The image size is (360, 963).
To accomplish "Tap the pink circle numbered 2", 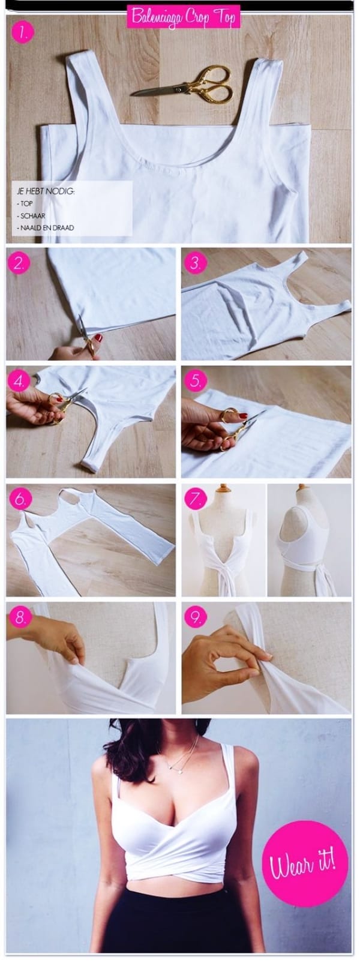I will pyautogui.click(x=22, y=264).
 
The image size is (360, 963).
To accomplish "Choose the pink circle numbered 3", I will pyautogui.click(x=196, y=263).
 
